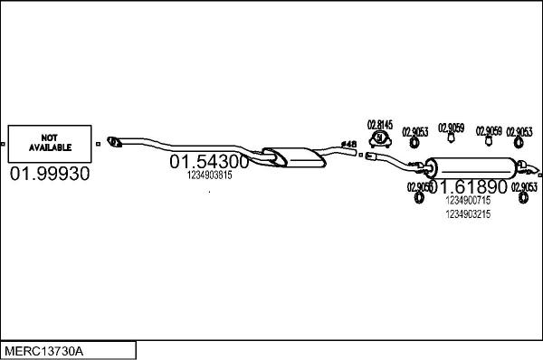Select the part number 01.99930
pos(49,174)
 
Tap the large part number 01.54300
pos(209,162)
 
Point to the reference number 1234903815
pos(209,175)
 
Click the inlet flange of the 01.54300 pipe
pos(115,140)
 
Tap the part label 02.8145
pos(380,125)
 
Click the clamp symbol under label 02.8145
pos(381,139)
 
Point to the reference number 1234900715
pos(468,200)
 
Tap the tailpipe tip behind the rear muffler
pos(538,172)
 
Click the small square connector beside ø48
pos(359,155)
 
